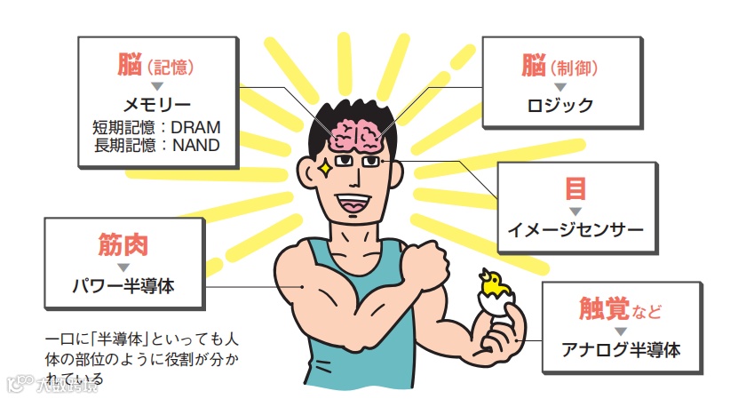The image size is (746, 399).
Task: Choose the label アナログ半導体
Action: [621, 349]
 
